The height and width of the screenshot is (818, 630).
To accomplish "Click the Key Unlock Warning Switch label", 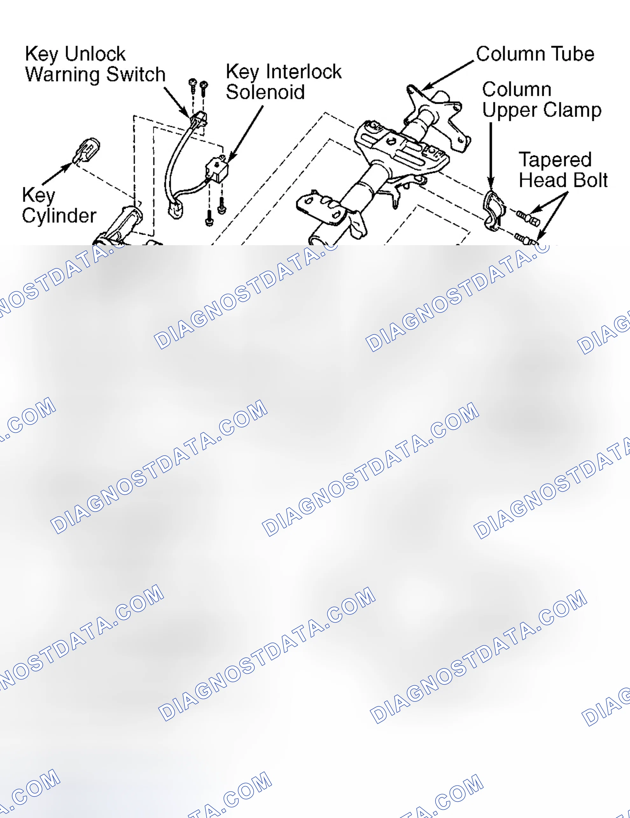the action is (x=95, y=64).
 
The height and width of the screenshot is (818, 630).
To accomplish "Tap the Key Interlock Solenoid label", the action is (x=284, y=82).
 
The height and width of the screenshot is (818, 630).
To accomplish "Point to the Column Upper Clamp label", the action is (x=542, y=100).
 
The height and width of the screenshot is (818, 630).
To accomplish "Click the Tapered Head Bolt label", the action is (x=563, y=170).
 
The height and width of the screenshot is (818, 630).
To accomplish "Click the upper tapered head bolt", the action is (x=528, y=217).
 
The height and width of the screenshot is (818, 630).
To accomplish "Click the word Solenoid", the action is (x=265, y=92).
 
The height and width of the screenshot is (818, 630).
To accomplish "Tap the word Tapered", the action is (x=555, y=160).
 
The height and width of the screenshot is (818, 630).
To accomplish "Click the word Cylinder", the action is (x=59, y=216).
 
